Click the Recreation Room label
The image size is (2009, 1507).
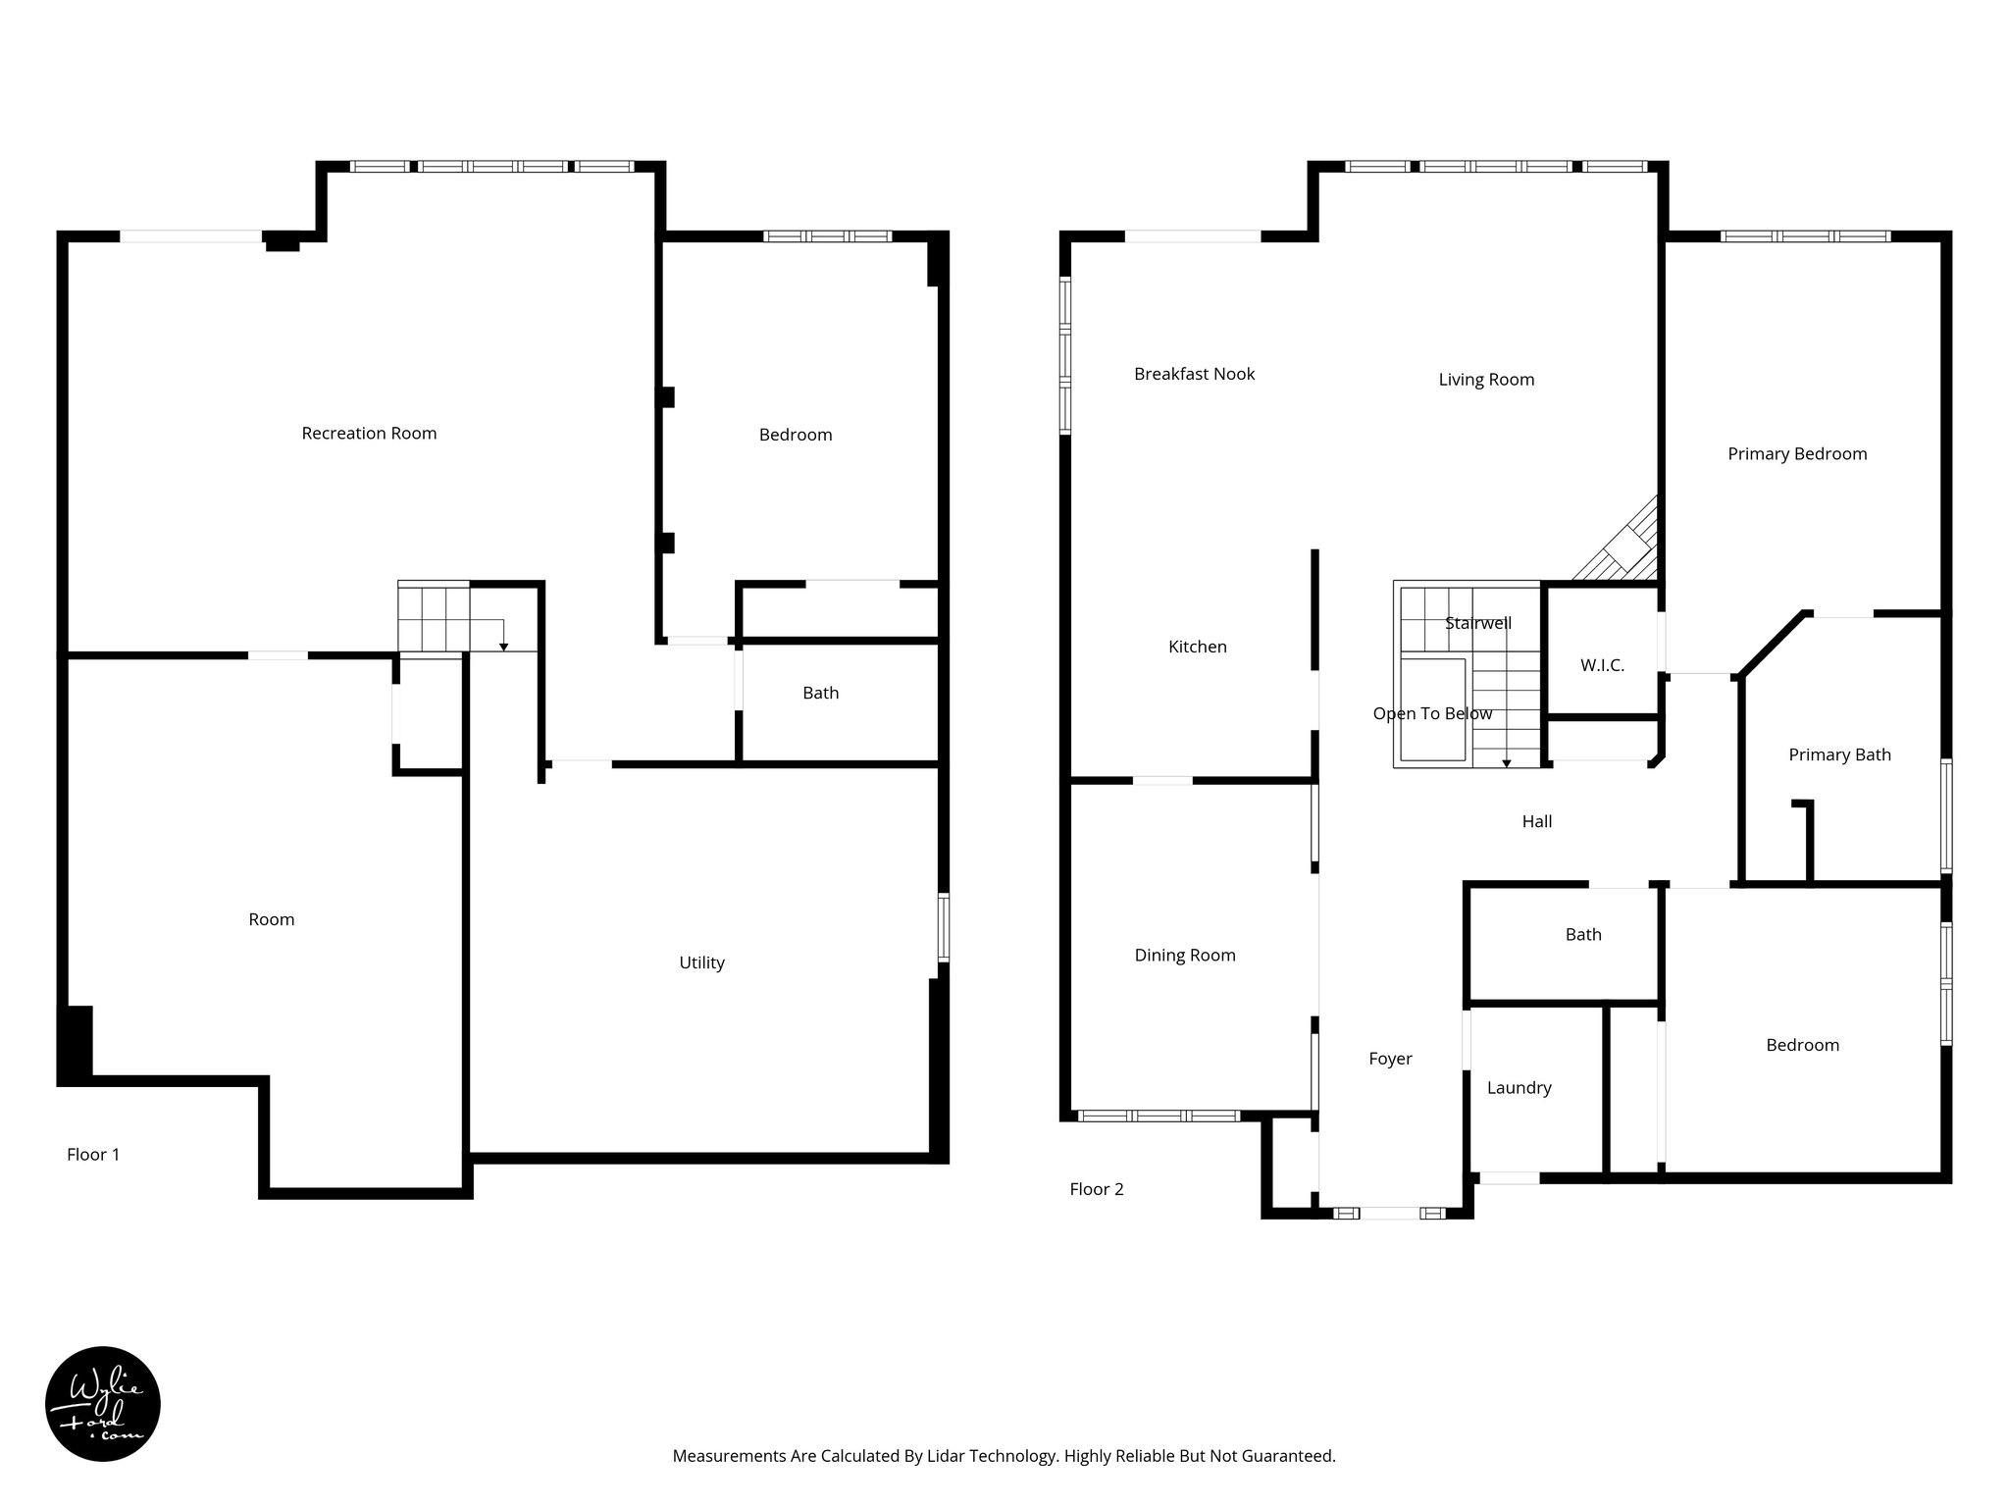pos(369,433)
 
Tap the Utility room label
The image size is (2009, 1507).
pos(701,962)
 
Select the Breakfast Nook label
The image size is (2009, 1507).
pos(1194,374)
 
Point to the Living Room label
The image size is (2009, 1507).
pos(1486,380)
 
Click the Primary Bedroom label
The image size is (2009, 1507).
pos(1796,453)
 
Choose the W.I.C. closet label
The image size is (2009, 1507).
pos(1602,665)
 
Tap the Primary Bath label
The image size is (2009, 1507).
pos(1839,754)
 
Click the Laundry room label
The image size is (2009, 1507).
pos(1519,1087)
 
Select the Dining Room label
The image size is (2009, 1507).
pos(1185,955)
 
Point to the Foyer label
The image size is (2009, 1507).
pos(1390,1059)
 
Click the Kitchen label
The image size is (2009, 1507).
pos(1197,647)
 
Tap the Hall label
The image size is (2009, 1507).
pos(1536,821)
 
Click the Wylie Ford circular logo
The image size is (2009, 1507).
pos(103,1404)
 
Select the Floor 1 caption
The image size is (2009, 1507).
pos(93,1155)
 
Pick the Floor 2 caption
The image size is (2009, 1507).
pos(1096,1189)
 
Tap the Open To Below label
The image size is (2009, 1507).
pos(1432,713)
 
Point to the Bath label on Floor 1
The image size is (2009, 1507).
pos(820,693)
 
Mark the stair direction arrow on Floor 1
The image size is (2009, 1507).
pos(503,645)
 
